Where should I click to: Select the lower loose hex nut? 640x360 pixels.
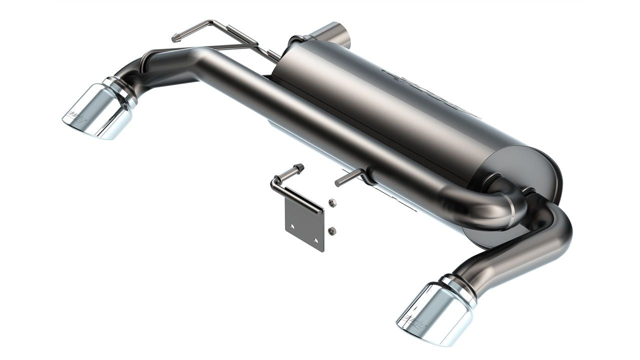pos(332,230)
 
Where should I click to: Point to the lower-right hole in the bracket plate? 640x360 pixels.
pos(316,240)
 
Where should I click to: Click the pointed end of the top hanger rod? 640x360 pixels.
pos(175,38)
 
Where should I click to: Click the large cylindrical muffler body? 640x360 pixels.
pos(400,110)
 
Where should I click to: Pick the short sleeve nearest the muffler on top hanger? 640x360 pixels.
pos(273,55)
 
